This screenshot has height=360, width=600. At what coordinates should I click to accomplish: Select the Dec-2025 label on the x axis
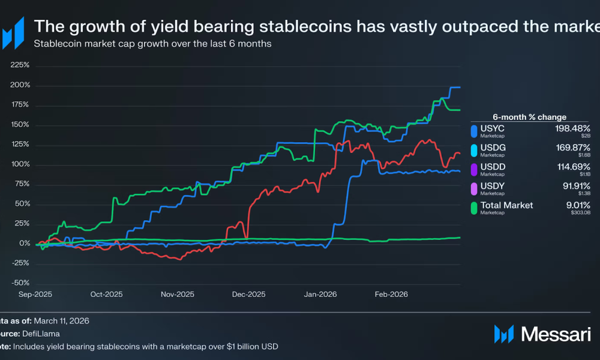pyautogui.click(x=248, y=295)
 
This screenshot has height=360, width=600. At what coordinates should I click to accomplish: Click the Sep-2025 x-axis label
pyautogui.click(x=35, y=295)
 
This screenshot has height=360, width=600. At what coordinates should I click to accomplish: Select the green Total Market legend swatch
pyautogui.click(x=474, y=208)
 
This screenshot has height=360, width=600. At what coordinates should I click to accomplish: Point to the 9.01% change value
pyautogui.click(x=577, y=205)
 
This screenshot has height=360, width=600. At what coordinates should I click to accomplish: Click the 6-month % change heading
pyautogui.click(x=530, y=117)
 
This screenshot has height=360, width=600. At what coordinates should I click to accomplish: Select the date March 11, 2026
pyautogui.click(x=61, y=321)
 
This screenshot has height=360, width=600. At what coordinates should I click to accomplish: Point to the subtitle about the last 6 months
pyautogui.click(x=152, y=44)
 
